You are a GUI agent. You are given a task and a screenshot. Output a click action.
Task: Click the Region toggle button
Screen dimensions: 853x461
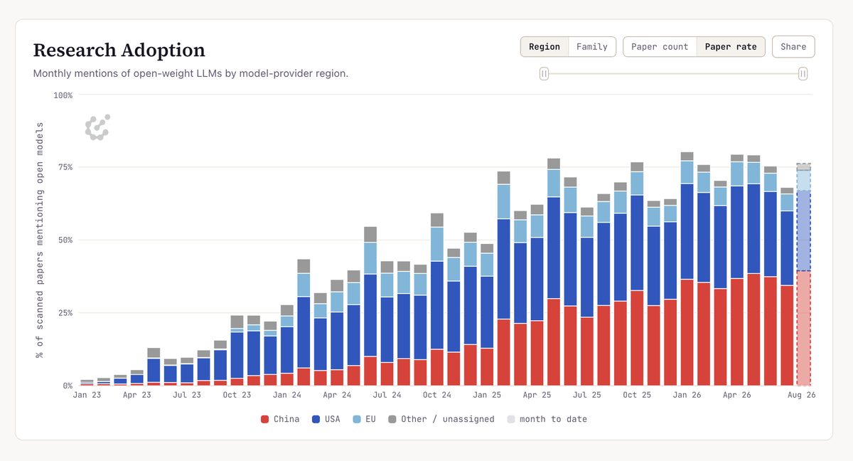pyautogui.click(x=544, y=47)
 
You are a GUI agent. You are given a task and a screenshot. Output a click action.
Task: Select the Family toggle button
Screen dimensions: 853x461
pyautogui.click(x=591, y=47)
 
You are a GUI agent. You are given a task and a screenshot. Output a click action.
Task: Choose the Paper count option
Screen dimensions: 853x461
pyautogui.click(x=660, y=47)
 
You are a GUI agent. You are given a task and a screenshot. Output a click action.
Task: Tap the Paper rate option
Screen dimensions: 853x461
pyautogui.click(x=731, y=47)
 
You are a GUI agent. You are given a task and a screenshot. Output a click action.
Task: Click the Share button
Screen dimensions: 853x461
pyautogui.click(x=793, y=47)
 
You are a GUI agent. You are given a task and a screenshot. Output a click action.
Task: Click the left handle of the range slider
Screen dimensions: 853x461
pyautogui.click(x=544, y=73)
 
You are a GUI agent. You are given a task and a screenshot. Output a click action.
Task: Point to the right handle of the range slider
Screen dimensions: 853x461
pyautogui.click(x=803, y=73)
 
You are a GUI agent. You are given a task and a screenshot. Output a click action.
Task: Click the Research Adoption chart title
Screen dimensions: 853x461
pyautogui.click(x=119, y=50)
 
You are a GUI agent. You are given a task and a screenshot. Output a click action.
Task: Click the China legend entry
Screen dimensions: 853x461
pyautogui.click(x=280, y=419)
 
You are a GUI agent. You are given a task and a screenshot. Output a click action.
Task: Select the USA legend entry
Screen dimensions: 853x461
pyautogui.click(x=326, y=419)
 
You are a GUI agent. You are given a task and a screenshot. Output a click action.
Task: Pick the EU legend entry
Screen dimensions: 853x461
pyautogui.click(x=364, y=419)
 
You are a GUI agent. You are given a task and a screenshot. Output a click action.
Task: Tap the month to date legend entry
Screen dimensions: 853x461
pyautogui.click(x=547, y=419)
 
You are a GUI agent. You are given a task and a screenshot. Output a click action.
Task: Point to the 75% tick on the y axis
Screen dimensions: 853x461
pyautogui.click(x=65, y=167)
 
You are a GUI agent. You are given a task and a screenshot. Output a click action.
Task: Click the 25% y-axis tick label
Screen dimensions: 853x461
pyautogui.click(x=65, y=313)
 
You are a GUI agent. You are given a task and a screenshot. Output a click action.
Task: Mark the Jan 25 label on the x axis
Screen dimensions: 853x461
pyautogui.click(x=487, y=395)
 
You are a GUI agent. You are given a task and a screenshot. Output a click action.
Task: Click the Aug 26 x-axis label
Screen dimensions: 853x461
pyautogui.click(x=801, y=395)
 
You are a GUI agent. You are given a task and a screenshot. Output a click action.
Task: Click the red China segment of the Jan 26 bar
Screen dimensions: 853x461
pyautogui.click(x=687, y=333)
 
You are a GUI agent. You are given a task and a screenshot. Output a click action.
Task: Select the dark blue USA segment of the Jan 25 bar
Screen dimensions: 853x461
pyautogui.click(x=504, y=269)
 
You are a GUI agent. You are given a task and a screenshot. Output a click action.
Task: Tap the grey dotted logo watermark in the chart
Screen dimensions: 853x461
pyautogui.click(x=97, y=127)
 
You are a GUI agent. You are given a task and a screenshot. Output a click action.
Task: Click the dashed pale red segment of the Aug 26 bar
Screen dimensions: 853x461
pyautogui.click(x=803, y=329)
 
